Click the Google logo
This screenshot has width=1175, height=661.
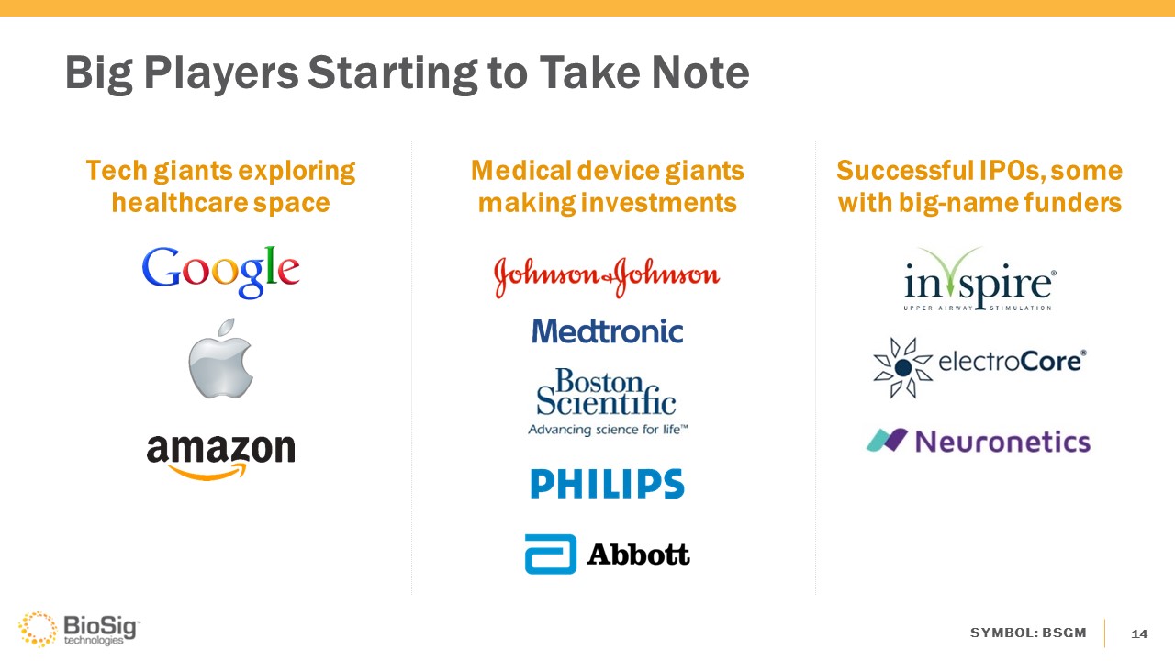click(221, 272)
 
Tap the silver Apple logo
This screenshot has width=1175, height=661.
click(221, 359)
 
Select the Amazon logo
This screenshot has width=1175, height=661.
click(221, 457)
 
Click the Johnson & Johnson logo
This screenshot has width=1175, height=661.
click(607, 277)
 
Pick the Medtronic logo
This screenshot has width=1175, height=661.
click(608, 331)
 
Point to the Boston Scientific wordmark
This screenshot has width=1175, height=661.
click(607, 392)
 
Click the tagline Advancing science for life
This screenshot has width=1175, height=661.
click(608, 430)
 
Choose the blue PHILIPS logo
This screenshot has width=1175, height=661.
click(608, 483)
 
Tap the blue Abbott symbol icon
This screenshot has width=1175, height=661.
click(551, 554)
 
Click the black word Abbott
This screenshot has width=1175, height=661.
click(638, 555)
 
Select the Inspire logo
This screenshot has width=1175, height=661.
click(979, 280)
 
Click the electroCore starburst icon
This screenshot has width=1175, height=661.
click(902, 367)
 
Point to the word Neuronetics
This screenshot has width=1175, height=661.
click(1003, 442)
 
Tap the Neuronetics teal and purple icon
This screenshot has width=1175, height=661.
click(887, 440)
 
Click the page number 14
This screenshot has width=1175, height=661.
click(1139, 633)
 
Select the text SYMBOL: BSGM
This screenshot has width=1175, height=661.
click(1028, 633)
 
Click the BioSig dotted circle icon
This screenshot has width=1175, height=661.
click(38, 629)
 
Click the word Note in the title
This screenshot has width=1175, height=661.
click(700, 73)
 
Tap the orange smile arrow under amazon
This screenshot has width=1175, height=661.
click(207, 472)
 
